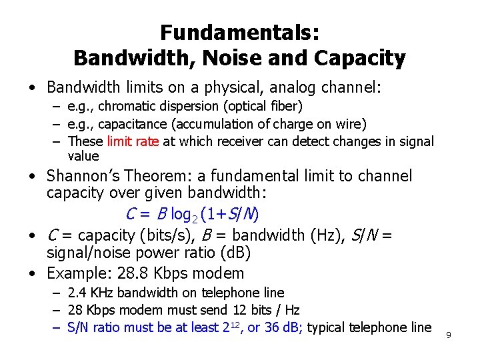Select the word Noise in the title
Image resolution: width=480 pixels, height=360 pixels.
coord(249,59)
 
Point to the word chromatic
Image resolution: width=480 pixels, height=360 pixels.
coord(127,106)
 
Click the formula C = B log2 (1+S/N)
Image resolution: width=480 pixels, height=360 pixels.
coord(193,215)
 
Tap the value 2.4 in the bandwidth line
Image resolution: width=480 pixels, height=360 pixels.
coord(77,293)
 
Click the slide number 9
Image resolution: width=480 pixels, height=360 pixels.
coord(449,334)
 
